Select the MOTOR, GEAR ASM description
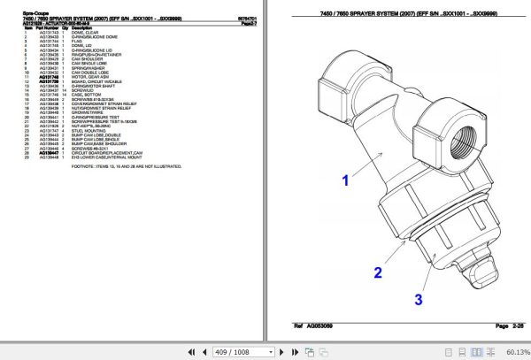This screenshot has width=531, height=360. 85,77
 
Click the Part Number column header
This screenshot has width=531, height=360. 48,27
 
